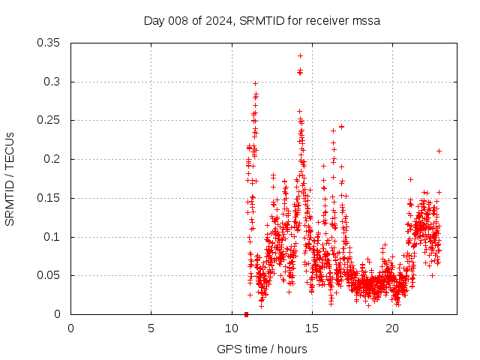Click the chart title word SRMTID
[262, 21]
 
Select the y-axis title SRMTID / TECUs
[10, 178]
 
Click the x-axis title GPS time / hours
[262, 349]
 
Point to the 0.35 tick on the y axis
[49, 43]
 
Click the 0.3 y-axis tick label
[52, 82]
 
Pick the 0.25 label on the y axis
[49, 120]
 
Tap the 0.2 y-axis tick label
[52, 159]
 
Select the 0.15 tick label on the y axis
[49, 198]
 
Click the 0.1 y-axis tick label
[52, 237]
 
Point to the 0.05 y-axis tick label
[49, 275]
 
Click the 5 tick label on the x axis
[151, 328]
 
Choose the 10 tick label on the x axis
[231, 328]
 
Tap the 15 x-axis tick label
[312, 328]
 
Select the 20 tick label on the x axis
[392, 328]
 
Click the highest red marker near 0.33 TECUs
[300, 55]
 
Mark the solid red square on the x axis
[247, 314]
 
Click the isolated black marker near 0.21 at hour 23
[439, 151]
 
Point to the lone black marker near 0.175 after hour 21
[410, 179]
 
